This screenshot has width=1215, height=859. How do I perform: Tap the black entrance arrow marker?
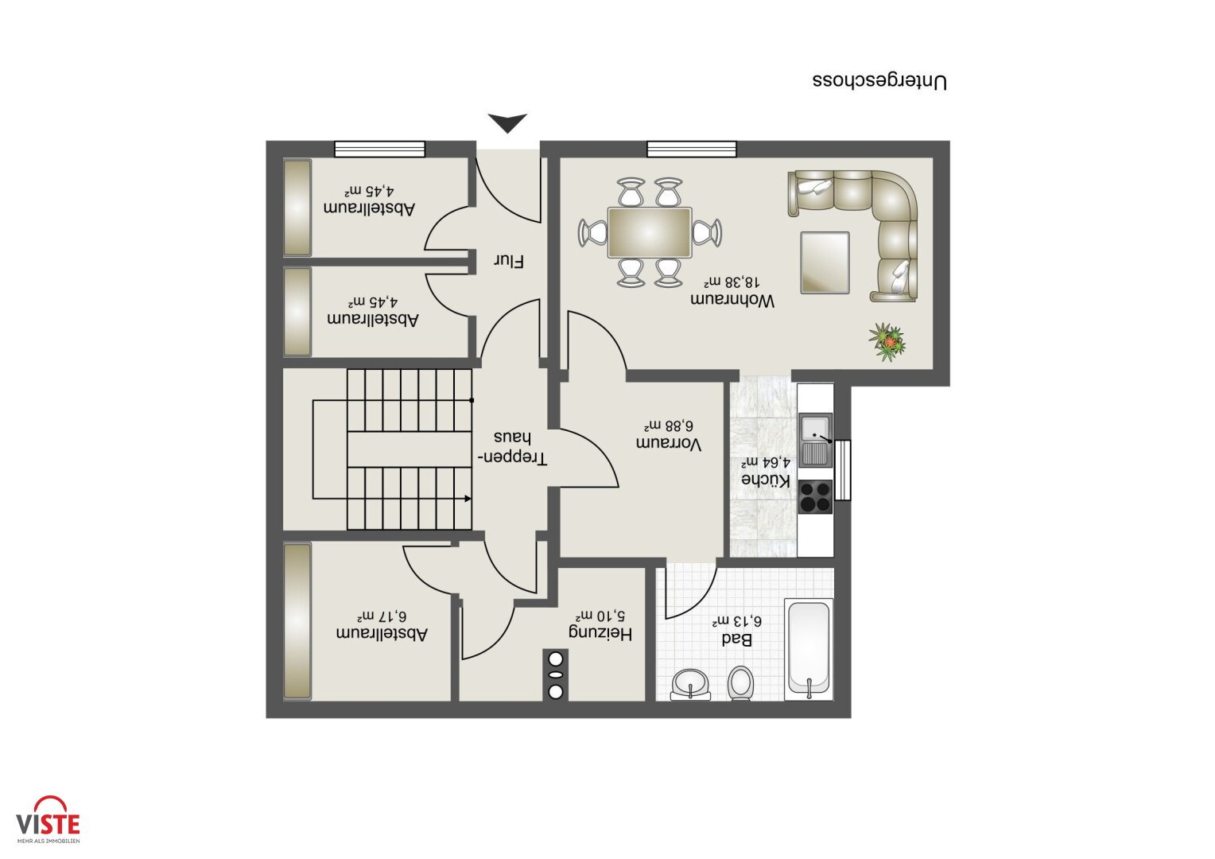click(x=507, y=122)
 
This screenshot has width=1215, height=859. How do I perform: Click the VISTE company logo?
click(x=48, y=819)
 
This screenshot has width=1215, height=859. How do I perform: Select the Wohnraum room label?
click(x=732, y=301)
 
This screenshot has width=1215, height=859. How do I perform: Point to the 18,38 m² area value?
click(x=732, y=282)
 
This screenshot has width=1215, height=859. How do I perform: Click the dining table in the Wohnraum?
click(x=650, y=231)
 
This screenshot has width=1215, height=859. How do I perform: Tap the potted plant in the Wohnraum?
click(x=887, y=342)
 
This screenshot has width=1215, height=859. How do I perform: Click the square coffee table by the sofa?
click(x=825, y=262)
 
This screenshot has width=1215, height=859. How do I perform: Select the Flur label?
click(x=509, y=261)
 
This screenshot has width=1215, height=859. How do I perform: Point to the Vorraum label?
click(x=669, y=444)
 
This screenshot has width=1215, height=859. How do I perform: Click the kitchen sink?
click(x=815, y=440)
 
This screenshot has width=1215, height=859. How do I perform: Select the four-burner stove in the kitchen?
click(x=815, y=496)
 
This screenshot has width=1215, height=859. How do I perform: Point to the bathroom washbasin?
click(x=690, y=685)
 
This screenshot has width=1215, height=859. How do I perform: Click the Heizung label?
click(x=600, y=634)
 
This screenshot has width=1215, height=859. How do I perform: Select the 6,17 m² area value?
click(x=382, y=616)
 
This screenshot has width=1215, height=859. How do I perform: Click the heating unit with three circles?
click(x=556, y=675)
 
